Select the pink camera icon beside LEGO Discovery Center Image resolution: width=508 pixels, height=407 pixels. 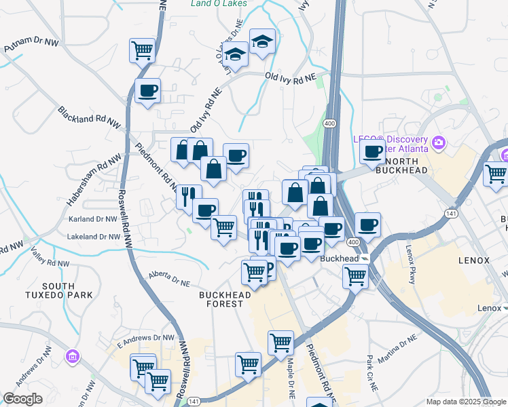(439, 142)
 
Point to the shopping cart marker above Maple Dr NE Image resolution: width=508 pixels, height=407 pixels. (280, 343)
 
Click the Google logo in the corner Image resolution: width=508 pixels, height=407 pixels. (22, 399)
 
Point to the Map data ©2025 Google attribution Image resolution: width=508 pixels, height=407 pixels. (465, 402)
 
